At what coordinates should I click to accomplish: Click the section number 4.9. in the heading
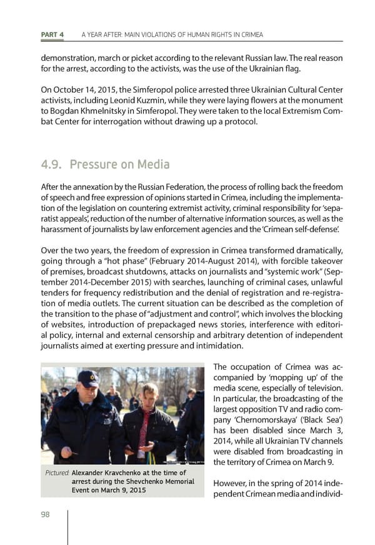coord(51,165)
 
